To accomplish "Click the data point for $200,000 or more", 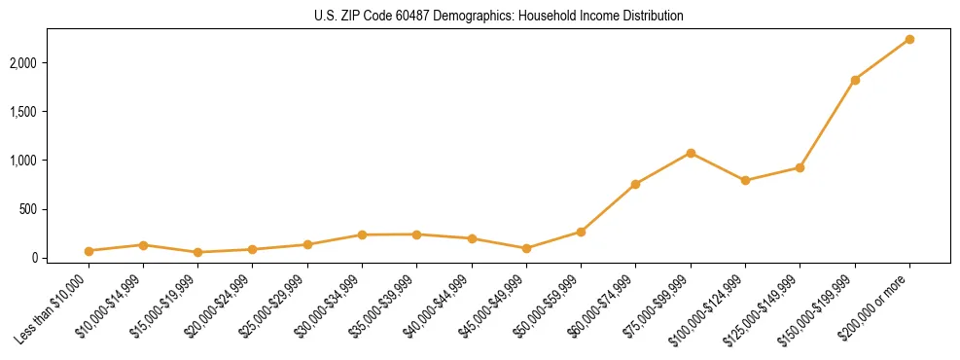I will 909,39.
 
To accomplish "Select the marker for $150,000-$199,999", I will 855,80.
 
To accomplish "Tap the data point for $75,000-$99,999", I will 691,153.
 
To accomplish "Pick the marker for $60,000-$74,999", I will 635,184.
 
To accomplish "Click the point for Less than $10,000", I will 89,251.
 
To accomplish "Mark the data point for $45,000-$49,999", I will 526,248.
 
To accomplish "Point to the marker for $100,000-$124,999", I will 745,181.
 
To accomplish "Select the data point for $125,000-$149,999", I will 800,167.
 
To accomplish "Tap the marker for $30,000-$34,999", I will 362,234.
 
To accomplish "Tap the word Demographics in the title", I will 476,17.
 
